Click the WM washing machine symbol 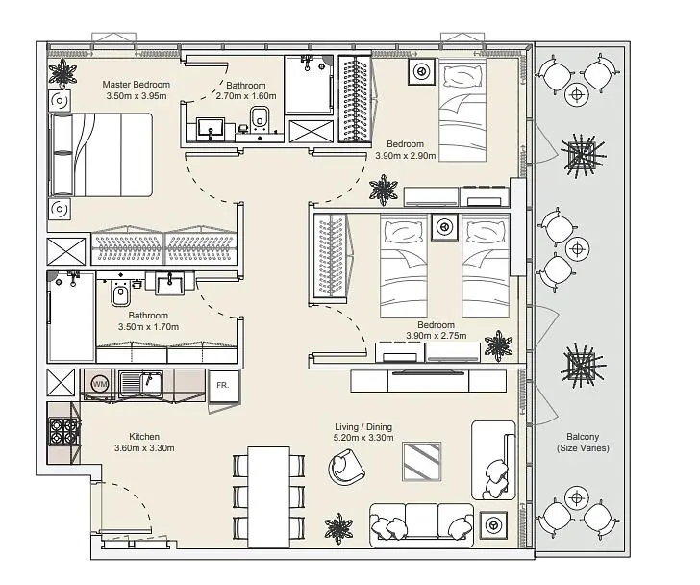tap(100, 384)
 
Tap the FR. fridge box tap(224, 385)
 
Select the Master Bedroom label tap(137, 85)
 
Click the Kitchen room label tap(144, 436)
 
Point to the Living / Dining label tap(363, 427)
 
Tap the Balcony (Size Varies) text tap(583, 442)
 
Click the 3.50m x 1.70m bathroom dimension tap(148, 327)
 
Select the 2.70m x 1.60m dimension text tap(246, 96)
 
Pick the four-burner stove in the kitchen tap(63, 431)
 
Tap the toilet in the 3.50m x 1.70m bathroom tap(120, 292)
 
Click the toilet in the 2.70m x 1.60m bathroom tap(259, 117)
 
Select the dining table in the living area tap(269, 497)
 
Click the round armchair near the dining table tap(346, 467)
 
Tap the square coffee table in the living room tap(421, 461)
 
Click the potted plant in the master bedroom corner tap(62, 73)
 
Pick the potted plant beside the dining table tap(338, 528)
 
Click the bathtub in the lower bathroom tap(71, 317)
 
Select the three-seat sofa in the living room tap(421, 524)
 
